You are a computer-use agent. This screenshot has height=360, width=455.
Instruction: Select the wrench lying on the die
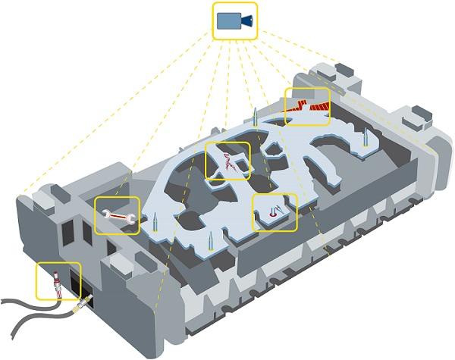click(117, 216)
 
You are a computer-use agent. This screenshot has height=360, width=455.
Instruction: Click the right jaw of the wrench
click(132, 218)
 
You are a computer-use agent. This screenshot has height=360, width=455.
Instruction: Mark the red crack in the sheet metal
click(229, 161)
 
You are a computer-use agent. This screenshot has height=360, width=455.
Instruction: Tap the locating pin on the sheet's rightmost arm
click(367, 139)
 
